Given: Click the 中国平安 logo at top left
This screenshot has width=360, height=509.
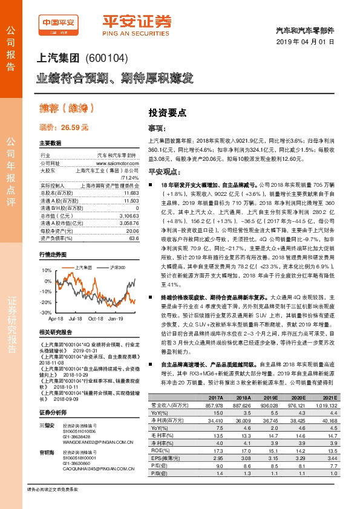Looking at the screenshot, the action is (x=58, y=24).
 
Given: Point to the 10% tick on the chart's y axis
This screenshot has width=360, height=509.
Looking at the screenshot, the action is (x=47, y=271).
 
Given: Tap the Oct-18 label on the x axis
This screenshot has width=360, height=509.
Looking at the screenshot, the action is (x=96, y=318).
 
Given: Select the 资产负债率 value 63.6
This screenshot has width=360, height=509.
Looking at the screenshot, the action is (x=134, y=238).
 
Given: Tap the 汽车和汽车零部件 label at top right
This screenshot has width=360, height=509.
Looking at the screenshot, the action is (x=309, y=30).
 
